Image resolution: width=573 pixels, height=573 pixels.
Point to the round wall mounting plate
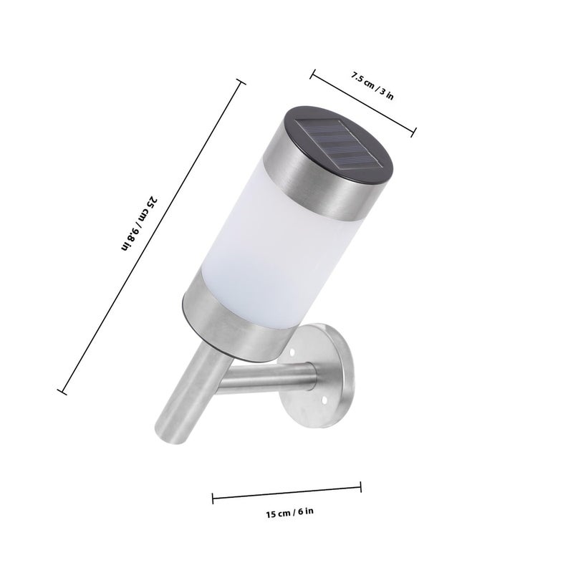(x=322, y=377)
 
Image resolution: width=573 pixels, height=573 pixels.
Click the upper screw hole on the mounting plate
(x=292, y=352)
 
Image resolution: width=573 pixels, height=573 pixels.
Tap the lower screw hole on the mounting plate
(x=324, y=401)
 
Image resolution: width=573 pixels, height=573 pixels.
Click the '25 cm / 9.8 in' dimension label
(x=139, y=223)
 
